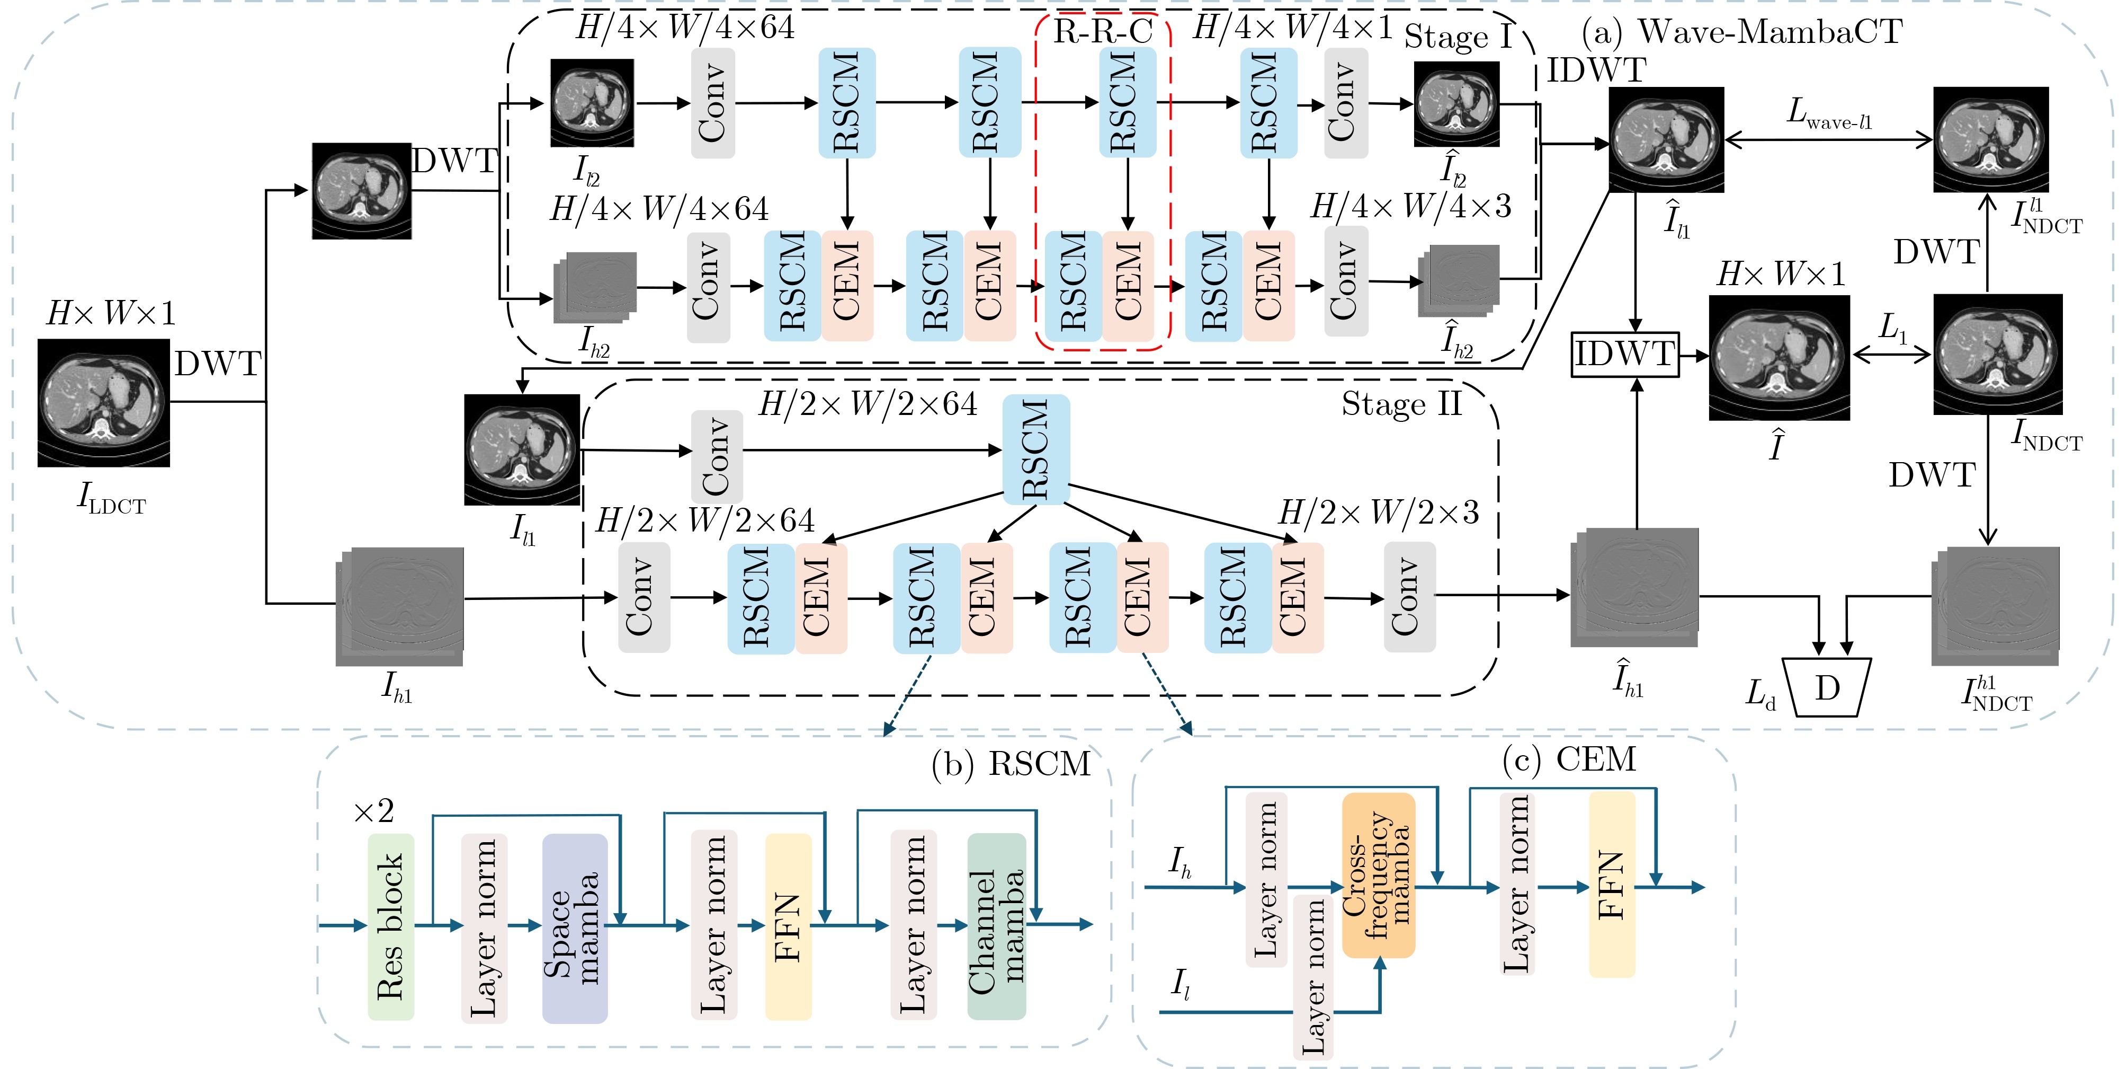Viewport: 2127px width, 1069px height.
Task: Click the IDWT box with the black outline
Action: (x=1624, y=355)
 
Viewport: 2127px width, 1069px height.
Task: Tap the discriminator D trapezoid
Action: (x=1827, y=686)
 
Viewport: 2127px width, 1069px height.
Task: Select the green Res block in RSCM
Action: (x=390, y=927)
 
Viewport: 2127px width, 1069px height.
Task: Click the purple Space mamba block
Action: (x=575, y=927)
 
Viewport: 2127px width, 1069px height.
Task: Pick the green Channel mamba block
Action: (x=997, y=926)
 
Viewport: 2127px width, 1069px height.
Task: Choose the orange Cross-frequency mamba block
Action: (x=1378, y=875)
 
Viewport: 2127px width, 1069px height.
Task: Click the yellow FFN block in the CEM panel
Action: (x=1612, y=884)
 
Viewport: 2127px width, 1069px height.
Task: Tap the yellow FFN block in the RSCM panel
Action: (x=788, y=927)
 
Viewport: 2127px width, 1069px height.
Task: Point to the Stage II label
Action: (x=1401, y=404)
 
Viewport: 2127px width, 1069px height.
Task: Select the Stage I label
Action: (x=1458, y=37)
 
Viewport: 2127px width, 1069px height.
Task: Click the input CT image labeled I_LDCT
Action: (x=103, y=403)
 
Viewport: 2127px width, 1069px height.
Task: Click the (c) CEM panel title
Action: (x=1569, y=759)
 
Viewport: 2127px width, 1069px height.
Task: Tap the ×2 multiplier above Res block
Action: (x=373, y=811)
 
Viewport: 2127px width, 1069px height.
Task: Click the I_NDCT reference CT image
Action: (x=1997, y=355)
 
